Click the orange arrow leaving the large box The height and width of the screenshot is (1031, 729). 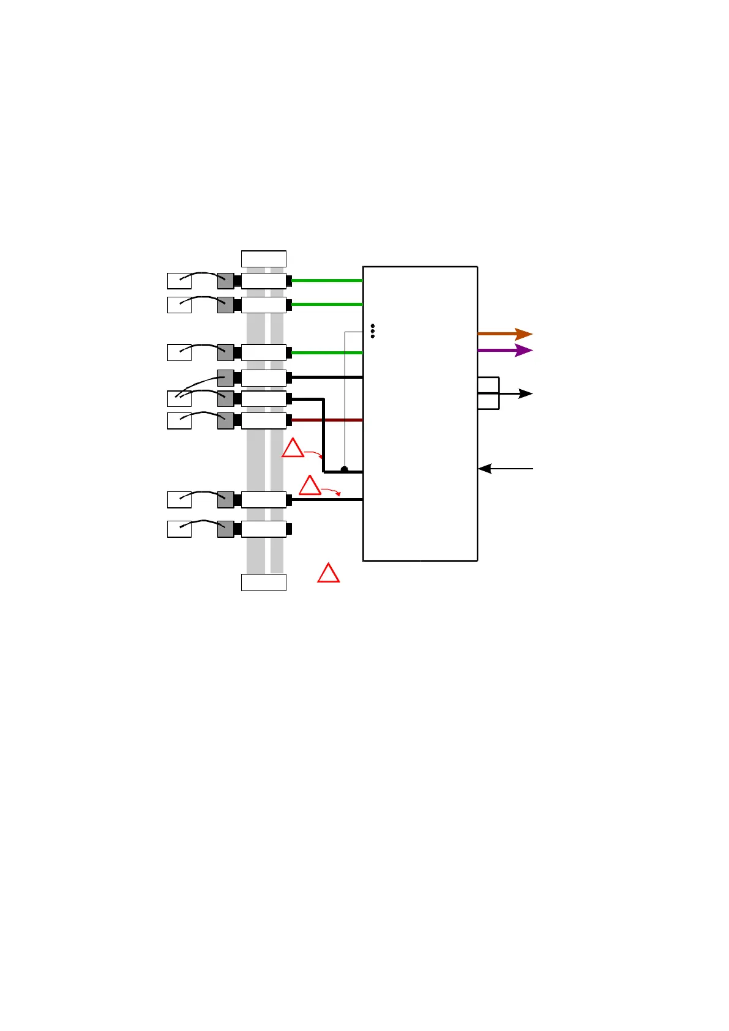tap(504, 334)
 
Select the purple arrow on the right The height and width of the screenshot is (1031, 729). tap(504, 351)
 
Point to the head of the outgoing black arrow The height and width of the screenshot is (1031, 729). tap(526, 393)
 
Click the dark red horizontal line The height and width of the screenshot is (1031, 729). tap(327, 420)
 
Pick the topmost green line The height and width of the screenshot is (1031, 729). tap(327, 281)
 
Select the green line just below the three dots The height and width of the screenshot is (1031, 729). tap(327, 352)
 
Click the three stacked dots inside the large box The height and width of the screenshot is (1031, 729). tap(373, 331)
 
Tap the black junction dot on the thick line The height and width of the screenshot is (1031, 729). tap(345, 469)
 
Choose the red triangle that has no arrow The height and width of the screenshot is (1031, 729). tap(329, 573)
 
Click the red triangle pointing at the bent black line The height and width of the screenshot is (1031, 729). tap(293, 449)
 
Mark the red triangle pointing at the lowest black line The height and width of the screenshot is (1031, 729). tap(310, 486)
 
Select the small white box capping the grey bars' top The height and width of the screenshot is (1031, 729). tap(264, 259)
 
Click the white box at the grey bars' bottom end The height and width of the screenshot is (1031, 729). tap(264, 582)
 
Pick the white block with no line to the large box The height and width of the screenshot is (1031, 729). tap(264, 529)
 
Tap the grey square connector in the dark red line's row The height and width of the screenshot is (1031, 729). tap(225, 420)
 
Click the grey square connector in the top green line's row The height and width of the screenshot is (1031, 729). tap(225, 281)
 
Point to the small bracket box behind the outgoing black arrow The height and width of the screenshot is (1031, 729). tap(488, 393)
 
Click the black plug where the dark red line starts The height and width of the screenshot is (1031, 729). tap(289, 420)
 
